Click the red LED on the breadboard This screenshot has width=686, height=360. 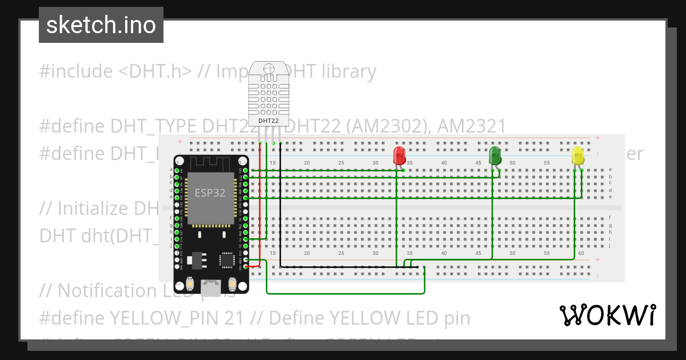tap(400, 155)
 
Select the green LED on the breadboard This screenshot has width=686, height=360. tap(495, 154)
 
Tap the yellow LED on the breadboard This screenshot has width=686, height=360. tap(578, 155)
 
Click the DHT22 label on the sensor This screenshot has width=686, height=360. tap(269, 121)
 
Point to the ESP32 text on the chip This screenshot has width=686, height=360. tap(210, 193)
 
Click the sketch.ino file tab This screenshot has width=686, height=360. tap(101, 25)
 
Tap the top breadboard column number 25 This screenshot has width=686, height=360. tap(341, 163)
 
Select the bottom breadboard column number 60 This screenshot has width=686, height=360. tap(581, 253)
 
